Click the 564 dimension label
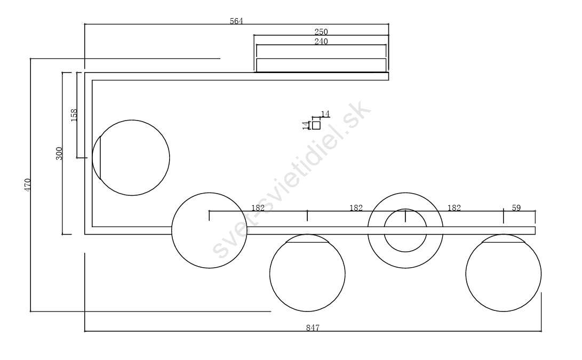point(236,21)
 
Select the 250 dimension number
point(321,32)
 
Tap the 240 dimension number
point(321,42)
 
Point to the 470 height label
point(28,185)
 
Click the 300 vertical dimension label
point(59,154)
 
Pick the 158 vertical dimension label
point(74,115)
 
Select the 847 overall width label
point(313,327)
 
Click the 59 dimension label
point(516,208)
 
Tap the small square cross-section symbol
point(316,125)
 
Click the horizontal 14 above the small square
point(325,114)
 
